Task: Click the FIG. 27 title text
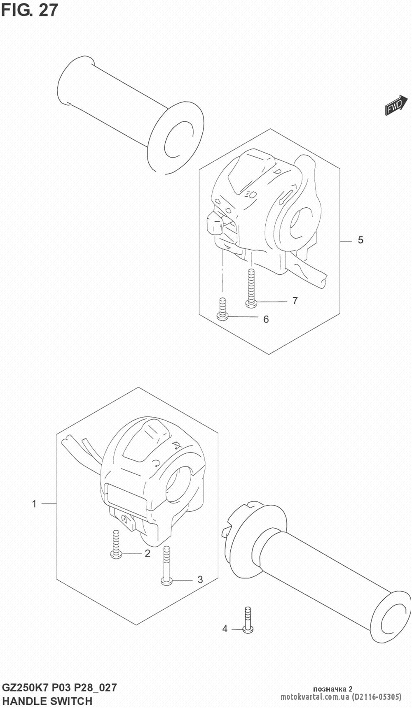pos(30,10)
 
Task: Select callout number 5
pos(360,240)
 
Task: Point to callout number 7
pos(295,301)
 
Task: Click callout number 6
pos(266,319)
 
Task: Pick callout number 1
pos(35,504)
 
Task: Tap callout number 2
pos(147,554)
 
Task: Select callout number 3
pos(200,580)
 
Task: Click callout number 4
pos(225,629)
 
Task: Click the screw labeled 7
pos(251,288)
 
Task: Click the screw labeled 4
pos(248,620)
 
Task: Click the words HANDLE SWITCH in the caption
pos(47,701)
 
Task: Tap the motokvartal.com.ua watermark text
pos(315,696)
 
